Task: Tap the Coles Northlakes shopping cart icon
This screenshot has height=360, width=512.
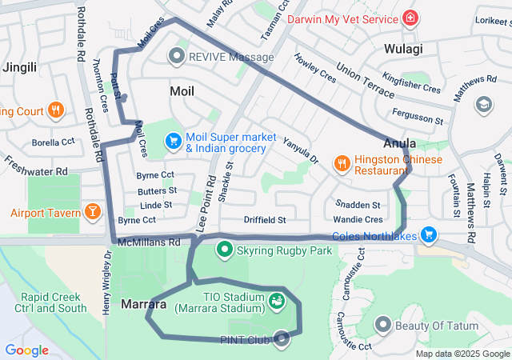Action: tap(429, 234)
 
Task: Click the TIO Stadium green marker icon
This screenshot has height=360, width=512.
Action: tap(277, 302)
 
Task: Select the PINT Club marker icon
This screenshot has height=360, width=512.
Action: tap(280, 339)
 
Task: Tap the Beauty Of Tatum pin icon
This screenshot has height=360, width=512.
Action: tap(383, 324)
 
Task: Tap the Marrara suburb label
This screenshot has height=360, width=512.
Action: tap(144, 304)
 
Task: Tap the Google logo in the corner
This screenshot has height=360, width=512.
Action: tap(26, 350)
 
